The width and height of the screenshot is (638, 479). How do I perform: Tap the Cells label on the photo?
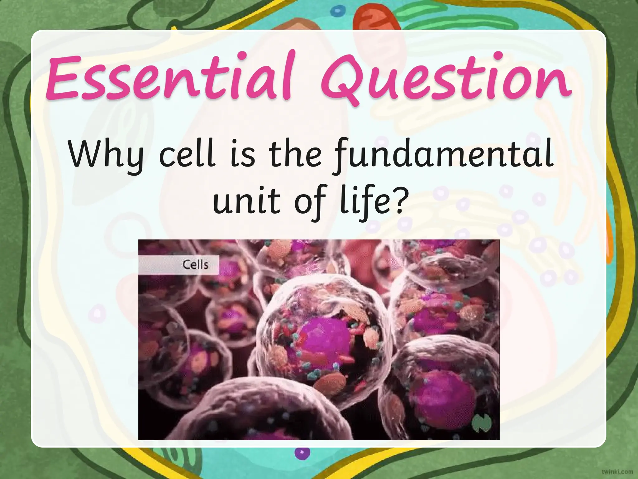point(195,265)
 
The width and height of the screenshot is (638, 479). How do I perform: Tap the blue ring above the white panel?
point(336,12)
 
